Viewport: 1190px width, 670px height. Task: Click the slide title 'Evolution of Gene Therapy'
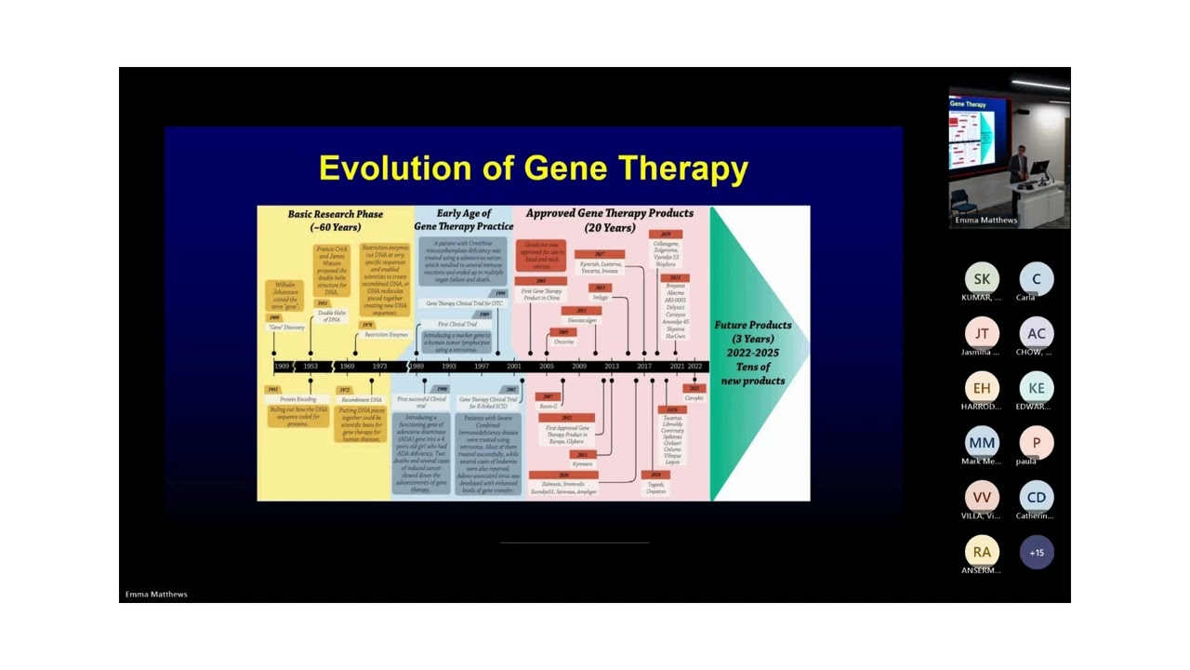(533, 168)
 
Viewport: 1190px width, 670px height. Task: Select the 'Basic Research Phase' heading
(335, 220)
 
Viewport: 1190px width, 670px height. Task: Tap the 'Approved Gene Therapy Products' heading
(609, 220)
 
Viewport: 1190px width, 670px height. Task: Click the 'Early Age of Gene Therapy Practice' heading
(463, 220)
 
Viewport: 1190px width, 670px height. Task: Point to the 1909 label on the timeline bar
(282, 367)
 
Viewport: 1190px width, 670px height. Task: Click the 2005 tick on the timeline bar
(546, 367)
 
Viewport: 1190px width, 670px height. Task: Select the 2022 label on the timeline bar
(694, 367)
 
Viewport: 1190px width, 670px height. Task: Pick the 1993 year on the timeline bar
(449, 367)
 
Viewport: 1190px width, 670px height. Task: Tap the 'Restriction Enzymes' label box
(386, 334)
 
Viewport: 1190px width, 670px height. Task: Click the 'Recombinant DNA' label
(362, 400)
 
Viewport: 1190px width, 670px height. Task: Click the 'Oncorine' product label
(563, 342)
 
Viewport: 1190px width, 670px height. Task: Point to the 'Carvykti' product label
(694, 398)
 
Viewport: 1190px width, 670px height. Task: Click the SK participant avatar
(982, 279)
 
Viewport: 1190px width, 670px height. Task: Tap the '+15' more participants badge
(1037, 552)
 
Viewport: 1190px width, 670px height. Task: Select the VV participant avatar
(982, 497)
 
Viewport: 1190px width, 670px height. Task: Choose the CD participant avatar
(1037, 497)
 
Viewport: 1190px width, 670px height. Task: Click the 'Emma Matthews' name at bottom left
(156, 595)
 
